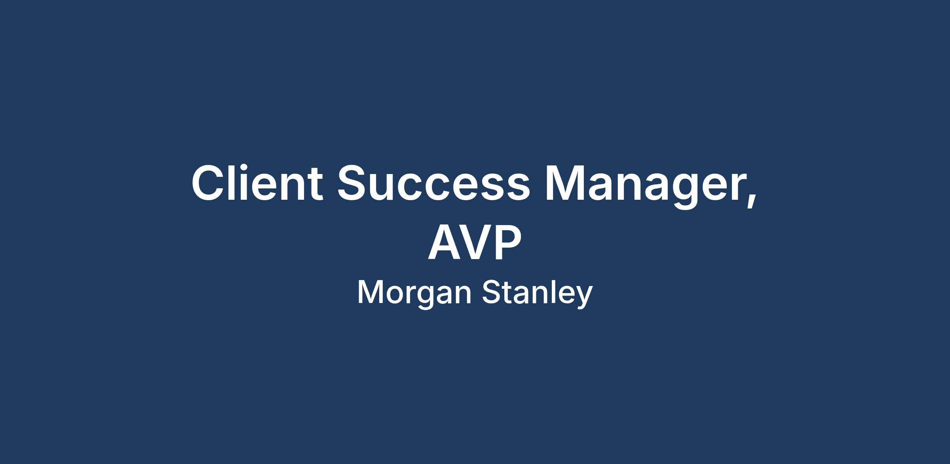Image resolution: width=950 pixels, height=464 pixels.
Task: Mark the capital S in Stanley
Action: pos(492,293)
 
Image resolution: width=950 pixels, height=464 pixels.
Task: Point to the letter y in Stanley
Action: pos(583,299)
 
